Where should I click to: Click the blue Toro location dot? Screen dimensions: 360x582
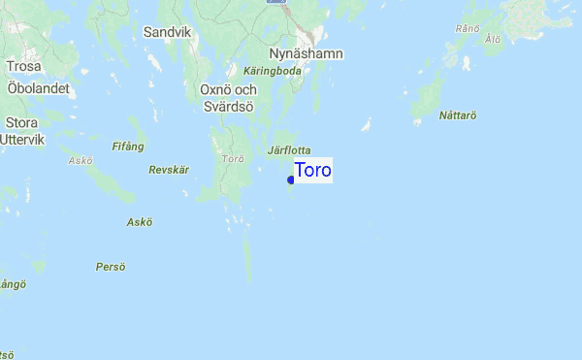pos(291,180)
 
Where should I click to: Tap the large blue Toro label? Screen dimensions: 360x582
pos(312,171)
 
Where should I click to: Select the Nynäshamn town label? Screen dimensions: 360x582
pos(305,53)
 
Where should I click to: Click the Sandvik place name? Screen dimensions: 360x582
pos(167,32)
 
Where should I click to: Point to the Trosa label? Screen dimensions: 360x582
pos(22,67)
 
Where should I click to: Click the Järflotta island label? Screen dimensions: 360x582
pos(288,151)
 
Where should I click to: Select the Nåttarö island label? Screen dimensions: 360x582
pos(458,115)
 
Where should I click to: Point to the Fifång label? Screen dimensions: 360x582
pos(128,147)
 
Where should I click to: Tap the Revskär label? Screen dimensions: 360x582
pos(168,170)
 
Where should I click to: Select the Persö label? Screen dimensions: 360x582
pos(111,266)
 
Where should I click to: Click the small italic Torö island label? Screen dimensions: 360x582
pos(232,158)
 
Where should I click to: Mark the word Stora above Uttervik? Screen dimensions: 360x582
pos(21,123)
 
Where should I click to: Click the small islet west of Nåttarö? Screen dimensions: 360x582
pos(366,125)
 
